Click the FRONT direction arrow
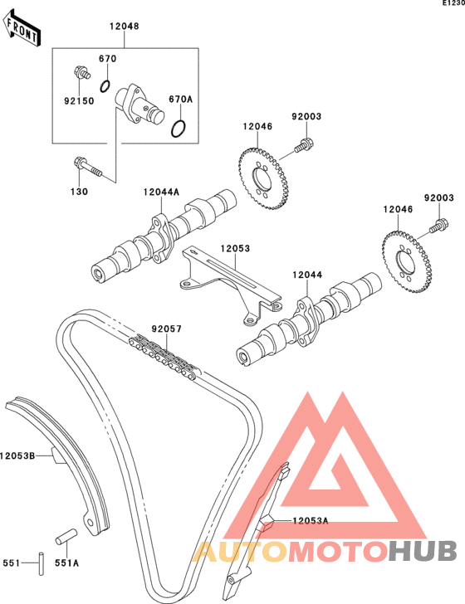(x=22, y=28)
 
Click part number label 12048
(x=125, y=27)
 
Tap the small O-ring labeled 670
(x=105, y=86)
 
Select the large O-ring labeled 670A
(x=179, y=129)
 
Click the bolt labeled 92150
(x=81, y=72)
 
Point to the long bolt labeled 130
(x=87, y=167)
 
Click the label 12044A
(x=161, y=192)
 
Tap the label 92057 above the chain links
(x=167, y=329)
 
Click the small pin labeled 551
(x=42, y=564)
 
